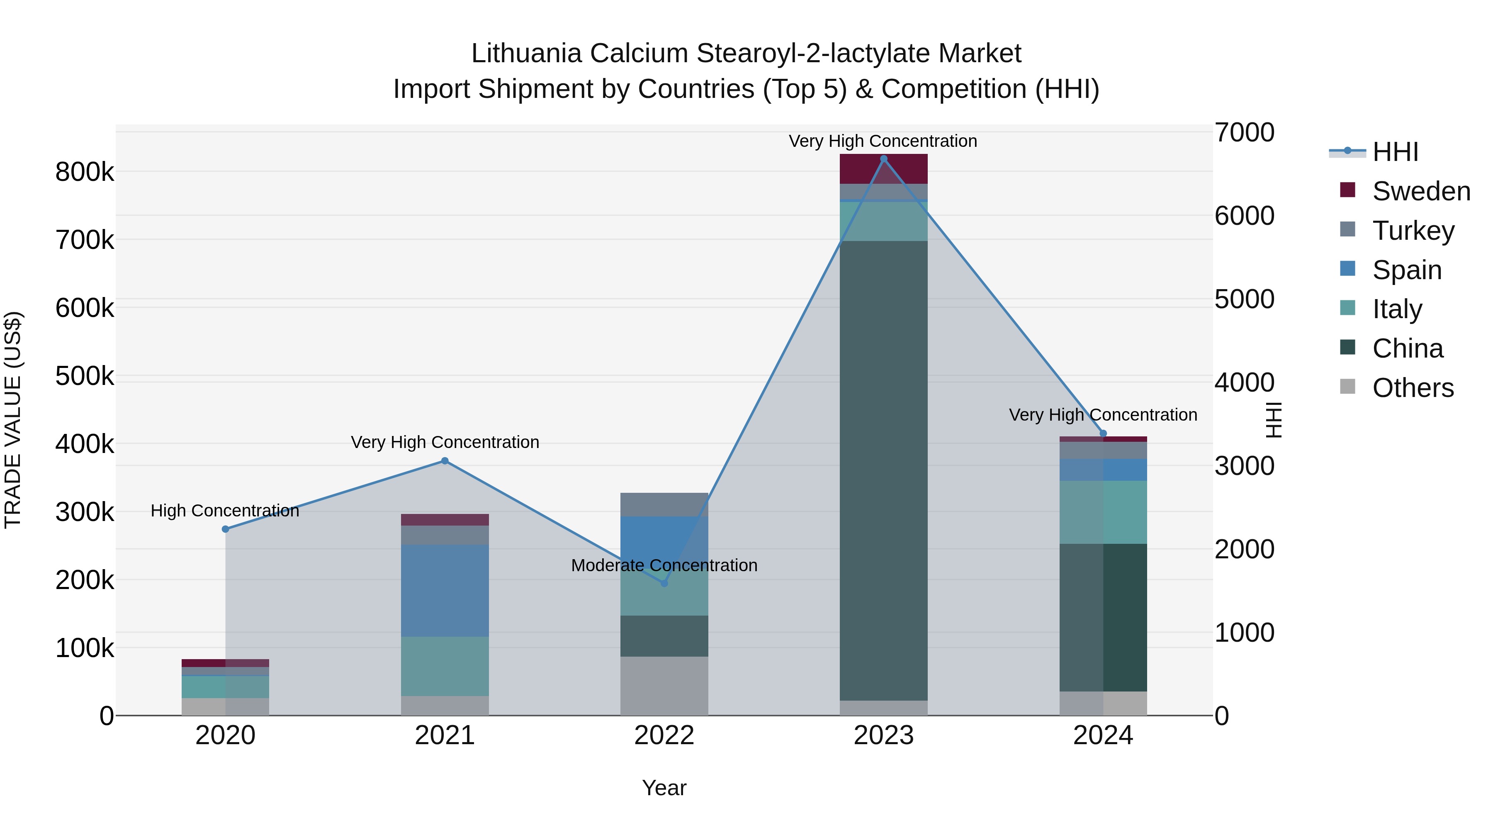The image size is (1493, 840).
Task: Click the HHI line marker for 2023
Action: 883,159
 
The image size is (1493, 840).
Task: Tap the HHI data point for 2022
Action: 664,583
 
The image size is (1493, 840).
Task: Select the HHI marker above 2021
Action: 445,461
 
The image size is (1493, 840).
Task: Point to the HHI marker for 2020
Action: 226,529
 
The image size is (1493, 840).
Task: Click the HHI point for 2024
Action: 1103,433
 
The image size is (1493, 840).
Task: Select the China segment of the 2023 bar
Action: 883,470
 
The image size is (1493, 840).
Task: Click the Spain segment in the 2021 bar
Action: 445,590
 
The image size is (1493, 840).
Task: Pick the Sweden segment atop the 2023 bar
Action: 883,169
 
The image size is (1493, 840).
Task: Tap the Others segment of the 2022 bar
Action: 664,685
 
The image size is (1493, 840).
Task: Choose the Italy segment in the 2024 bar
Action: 1103,512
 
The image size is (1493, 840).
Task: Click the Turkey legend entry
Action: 1413,230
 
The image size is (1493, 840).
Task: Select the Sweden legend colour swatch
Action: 1347,190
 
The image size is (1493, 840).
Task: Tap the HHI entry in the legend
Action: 1395,152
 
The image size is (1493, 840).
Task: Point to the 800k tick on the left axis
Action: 85,172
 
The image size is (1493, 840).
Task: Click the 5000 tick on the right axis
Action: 1244,299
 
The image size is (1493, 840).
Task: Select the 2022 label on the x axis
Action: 664,735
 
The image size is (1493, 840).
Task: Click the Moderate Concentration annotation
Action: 664,565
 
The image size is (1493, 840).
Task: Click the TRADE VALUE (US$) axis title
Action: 13,420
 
